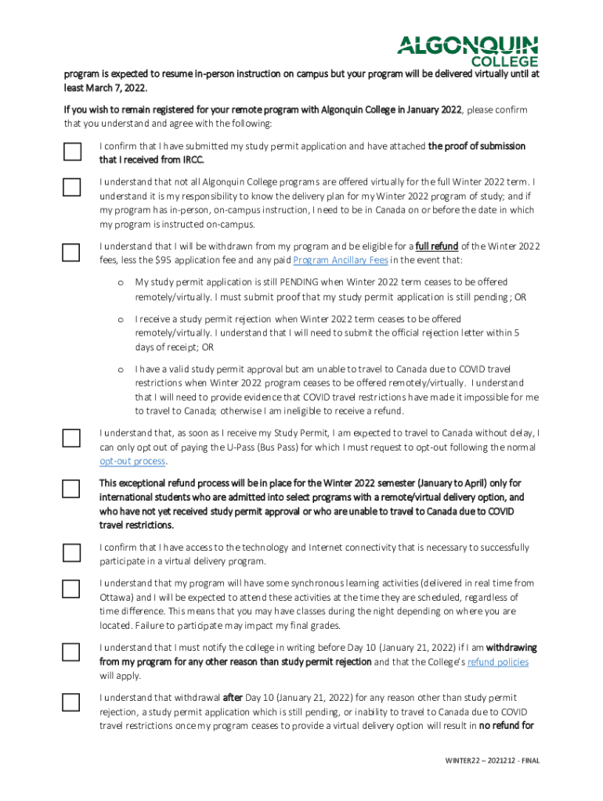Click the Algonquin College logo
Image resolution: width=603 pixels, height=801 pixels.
pyautogui.click(x=468, y=50)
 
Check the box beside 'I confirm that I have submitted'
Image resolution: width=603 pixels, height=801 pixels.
pyautogui.click(x=71, y=152)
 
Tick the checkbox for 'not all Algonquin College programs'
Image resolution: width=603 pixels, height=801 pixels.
pyautogui.click(x=71, y=187)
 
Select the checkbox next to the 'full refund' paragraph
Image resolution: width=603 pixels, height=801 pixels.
pyautogui.click(x=71, y=252)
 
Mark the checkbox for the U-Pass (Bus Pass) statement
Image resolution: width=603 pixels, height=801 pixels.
pyautogui.click(x=71, y=438)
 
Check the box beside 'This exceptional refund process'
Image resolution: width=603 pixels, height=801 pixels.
pyautogui.click(x=71, y=489)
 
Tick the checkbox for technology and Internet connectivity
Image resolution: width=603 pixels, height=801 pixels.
pyautogui.click(x=71, y=553)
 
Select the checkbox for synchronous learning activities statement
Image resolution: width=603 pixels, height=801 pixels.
pyautogui.click(x=71, y=589)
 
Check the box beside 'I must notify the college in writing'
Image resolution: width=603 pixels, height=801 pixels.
pyautogui.click(x=71, y=652)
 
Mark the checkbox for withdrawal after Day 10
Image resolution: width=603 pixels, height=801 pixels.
pyautogui.click(x=71, y=702)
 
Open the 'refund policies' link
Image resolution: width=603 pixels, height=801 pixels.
pyautogui.click(x=497, y=662)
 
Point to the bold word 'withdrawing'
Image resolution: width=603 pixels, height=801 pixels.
pyautogui.click(x=511, y=648)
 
